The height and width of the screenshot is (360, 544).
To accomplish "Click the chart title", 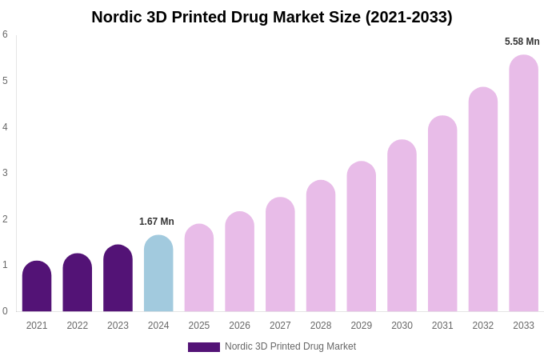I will [x=272, y=17].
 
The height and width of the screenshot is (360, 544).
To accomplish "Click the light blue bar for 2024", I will [x=158, y=274].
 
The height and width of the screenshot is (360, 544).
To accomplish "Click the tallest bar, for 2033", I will [x=523, y=183].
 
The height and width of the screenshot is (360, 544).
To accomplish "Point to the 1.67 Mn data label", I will [x=157, y=222].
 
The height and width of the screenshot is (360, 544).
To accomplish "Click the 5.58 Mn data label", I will [x=522, y=42].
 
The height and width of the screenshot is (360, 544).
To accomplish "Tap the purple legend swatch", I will [x=203, y=347].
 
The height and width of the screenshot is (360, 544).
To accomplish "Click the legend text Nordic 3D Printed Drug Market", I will [x=290, y=346].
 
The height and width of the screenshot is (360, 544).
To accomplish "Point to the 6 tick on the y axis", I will [x=5, y=34].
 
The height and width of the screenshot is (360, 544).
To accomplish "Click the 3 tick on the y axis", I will [x=5, y=173].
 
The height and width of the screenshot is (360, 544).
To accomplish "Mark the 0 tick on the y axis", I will [x=5, y=311].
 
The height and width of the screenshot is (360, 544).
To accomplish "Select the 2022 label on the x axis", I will [x=78, y=326].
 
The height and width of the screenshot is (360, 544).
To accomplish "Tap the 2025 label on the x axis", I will [x=199, y=326].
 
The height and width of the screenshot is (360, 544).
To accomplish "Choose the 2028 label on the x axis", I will [x=321, y=326].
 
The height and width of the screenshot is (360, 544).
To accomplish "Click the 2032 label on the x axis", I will [x=483, y=326].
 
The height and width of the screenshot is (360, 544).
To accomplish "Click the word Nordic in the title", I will [x=118, y=17].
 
